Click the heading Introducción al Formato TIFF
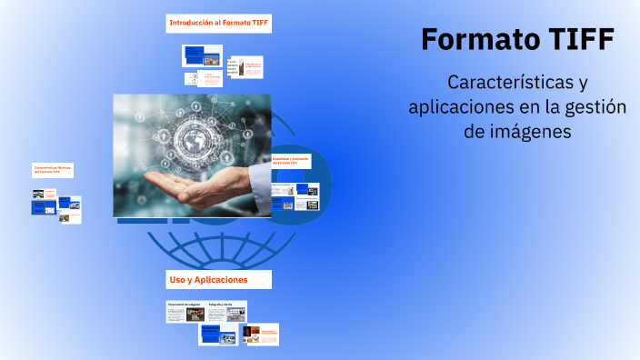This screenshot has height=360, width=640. click(219, 22)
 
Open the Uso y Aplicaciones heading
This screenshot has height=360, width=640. click(208, 279)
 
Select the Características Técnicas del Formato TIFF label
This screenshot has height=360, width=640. click(53, 170)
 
